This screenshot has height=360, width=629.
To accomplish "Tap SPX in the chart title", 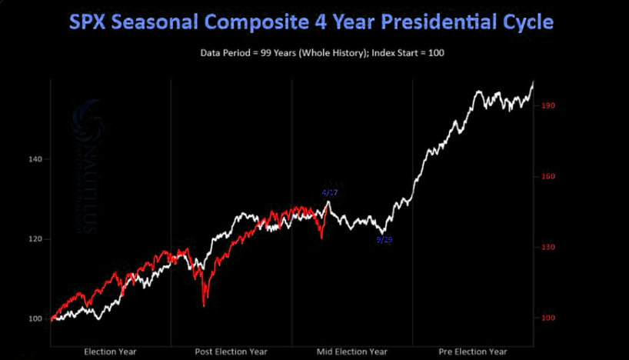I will [90, 22].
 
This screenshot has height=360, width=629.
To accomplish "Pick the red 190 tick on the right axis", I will [547, 105].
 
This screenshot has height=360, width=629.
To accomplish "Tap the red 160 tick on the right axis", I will [547, 176].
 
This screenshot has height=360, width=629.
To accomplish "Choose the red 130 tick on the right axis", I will [547, 247].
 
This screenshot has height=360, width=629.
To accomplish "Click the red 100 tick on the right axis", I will [547, 318].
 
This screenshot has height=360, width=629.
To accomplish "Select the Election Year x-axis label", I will [111, 352].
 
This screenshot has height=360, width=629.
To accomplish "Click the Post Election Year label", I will [231, 352].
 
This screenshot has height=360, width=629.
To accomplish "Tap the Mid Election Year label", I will [351, 352].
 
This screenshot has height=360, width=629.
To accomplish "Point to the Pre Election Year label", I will [473, 352].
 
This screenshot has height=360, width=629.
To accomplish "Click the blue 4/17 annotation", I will [330, 192].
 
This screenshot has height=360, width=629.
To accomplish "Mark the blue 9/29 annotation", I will [384, 240].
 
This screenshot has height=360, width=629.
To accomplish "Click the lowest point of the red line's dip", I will [204, 306].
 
